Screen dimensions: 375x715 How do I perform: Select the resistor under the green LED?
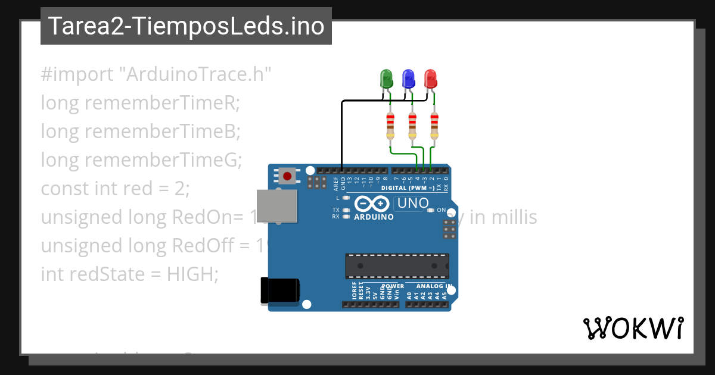[390, 125]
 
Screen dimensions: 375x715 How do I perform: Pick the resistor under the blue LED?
[412, 125]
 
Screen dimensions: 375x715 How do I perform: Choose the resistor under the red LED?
[434, 125]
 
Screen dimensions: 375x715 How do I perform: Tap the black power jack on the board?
[280, 291]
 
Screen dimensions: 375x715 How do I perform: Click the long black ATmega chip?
[397, 265]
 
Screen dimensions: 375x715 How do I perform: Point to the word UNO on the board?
[413, 203]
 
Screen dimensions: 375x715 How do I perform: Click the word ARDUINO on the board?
[374, 217]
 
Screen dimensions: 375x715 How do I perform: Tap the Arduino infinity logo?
[372, 204]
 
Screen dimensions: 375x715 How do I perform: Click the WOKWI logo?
[633, 328]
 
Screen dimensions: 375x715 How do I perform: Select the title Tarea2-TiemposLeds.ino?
[186, 26]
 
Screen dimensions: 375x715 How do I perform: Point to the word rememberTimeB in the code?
[162, 132]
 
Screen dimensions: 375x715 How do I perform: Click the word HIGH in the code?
[192, 274]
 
